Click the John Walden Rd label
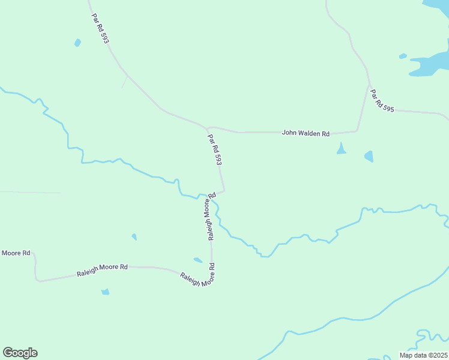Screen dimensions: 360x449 point(306,133)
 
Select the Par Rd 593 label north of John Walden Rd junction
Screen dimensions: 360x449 point(100,28)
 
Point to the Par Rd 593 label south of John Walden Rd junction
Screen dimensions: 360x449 point(215,150)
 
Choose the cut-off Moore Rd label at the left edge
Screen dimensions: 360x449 point(16,253)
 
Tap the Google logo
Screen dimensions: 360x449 point(20,353)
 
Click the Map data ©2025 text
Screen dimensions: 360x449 point(423,355)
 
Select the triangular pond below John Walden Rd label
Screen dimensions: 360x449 point(341,149)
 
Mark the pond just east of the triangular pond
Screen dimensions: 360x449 point(369,157)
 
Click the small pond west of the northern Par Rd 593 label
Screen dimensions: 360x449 point(77,43)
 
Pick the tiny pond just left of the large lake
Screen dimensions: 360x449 point(403,56)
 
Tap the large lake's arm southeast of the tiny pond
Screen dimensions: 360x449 point(429,65)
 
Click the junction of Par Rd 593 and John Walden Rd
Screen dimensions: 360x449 point(207,128)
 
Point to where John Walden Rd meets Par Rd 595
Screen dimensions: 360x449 point(358,130)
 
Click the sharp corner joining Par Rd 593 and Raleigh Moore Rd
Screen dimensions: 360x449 point(224,191)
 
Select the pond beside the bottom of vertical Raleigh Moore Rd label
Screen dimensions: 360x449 point(198,260)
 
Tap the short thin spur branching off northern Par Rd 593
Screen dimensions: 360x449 point(125,82)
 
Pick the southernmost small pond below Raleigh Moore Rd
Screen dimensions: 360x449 point(106,292)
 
